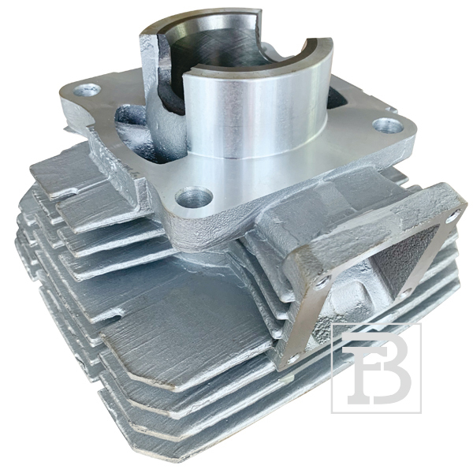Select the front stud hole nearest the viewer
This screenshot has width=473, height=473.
(194, 196)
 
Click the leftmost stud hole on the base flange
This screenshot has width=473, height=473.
(87, 90)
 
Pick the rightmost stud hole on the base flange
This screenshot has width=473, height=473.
(388, 125)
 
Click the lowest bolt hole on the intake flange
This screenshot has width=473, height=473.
(293, 358)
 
